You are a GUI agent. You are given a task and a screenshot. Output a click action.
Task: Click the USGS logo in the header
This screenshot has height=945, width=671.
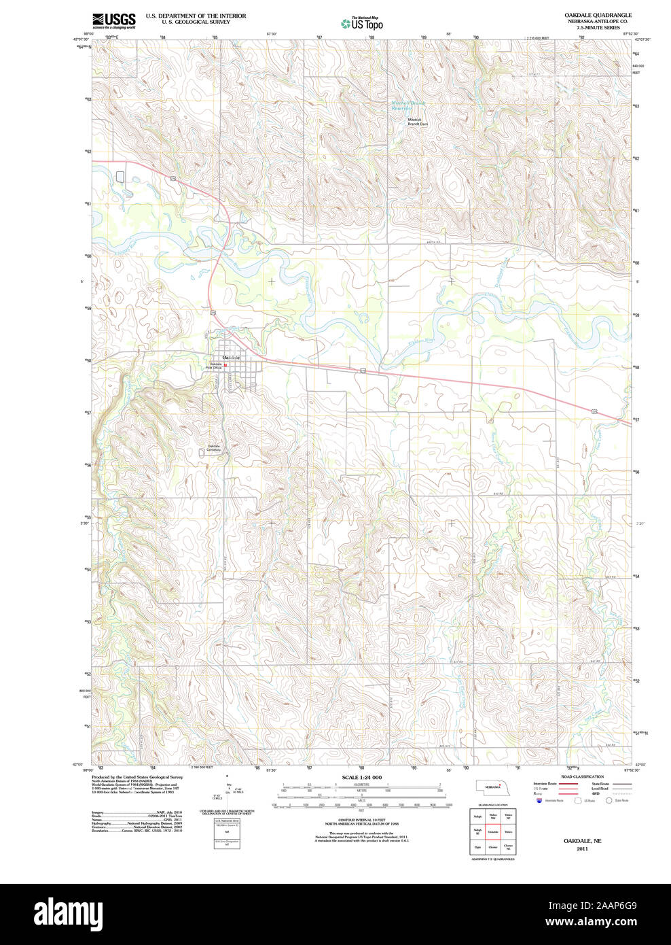tap(114, 20)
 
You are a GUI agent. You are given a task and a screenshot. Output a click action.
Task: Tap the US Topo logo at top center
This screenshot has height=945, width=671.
tap(362, 24)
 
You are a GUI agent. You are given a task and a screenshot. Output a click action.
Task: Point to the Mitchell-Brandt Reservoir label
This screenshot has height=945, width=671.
tap(408, 105)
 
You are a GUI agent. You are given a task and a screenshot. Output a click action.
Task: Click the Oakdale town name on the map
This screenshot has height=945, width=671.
tap(231, 358)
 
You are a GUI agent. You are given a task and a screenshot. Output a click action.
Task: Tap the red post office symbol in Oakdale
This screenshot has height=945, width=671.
tap(225, 365)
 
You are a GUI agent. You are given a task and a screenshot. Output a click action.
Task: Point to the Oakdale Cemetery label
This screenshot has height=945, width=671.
tap(214, 448)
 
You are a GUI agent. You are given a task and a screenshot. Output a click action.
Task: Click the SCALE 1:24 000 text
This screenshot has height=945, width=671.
tap(361, 777)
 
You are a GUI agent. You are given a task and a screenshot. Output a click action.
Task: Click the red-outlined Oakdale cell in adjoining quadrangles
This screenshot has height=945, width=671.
tap(493, 831)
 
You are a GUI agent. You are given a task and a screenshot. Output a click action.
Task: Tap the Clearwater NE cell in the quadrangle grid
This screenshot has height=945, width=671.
tap(508, 847)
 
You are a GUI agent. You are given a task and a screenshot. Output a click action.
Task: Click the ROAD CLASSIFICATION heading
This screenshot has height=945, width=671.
tap(582, 776)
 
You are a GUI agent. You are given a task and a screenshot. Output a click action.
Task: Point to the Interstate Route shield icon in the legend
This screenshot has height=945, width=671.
tap(539, 801)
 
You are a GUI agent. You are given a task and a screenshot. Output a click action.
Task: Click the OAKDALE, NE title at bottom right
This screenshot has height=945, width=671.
tap(582, 841)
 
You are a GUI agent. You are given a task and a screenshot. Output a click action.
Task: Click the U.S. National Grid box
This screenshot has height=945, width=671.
tap(227, 834)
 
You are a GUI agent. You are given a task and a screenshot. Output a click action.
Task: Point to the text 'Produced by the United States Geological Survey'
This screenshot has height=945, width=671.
tap(137, 776)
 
